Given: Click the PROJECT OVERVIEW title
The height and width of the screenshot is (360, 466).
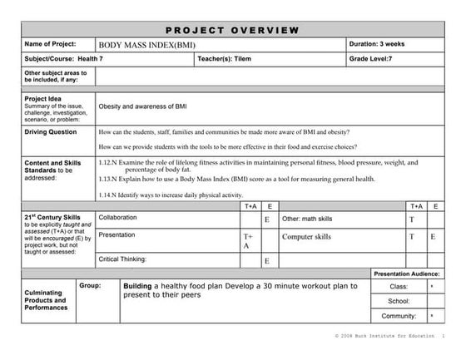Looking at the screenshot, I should (x=232, y=30).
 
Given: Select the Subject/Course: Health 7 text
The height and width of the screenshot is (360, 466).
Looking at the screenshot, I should (x=61, y=60).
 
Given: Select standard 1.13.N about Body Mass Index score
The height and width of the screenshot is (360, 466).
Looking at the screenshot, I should (x=236, y=179).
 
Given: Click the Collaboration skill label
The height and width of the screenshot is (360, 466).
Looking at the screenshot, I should (x=119, y=218).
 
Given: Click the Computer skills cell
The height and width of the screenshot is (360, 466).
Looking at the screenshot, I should (x=307, y=237).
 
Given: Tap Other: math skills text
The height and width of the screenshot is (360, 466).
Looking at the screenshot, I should (x=307, y=219).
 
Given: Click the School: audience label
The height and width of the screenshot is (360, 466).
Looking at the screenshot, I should (x=398, y=301).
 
